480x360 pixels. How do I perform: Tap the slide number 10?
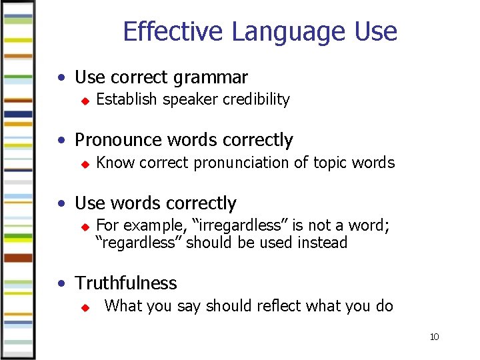434,337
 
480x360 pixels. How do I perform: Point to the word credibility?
256,100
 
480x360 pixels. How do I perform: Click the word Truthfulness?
126,283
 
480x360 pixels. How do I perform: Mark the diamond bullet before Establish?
84,101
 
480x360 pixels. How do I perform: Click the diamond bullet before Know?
84,164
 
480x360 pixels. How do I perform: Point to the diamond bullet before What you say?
84,307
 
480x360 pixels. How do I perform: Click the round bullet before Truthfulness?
61,283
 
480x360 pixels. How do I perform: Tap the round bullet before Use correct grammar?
61,78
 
